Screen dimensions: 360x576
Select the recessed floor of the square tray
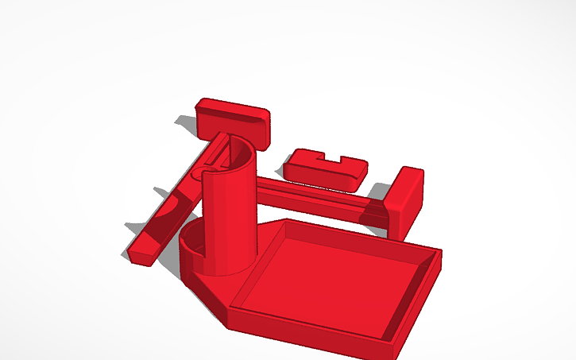[334, 274]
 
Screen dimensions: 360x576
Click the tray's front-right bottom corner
[392, 354]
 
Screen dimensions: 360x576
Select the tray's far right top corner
[439, 253]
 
